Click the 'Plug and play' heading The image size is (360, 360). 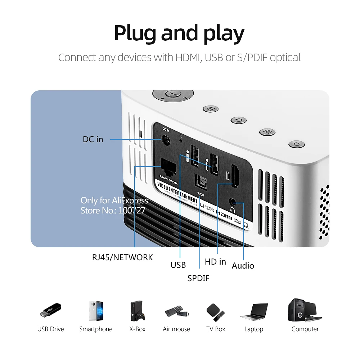pos(179,33)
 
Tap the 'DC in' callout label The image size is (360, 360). pos(93,139)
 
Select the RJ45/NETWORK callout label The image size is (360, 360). pos(122,257)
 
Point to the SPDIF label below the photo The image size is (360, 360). pos(198,278)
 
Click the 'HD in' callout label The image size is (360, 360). pos(215,262)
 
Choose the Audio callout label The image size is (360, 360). pos(243,266)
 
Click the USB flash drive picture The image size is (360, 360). pos(50,311)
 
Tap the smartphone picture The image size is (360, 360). pos(96,311)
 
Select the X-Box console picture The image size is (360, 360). pos(137,311)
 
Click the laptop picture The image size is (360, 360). pos(254,312)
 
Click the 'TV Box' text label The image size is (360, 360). pos(215,329)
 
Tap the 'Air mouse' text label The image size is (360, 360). pos(176,329)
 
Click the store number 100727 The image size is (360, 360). pos(132,210)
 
